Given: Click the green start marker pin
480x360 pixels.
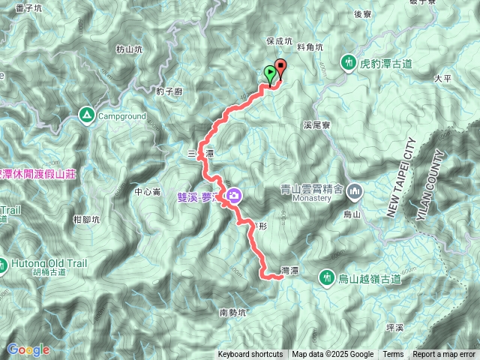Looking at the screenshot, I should pyautogui.click(x=270, y=73).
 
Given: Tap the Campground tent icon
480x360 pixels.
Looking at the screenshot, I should pyautogui.click(x=86, y=115).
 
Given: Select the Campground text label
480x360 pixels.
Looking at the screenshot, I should pyautogui.click(x=121, y=116).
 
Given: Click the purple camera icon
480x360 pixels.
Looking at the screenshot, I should pyautogui.click(x=234, y=196).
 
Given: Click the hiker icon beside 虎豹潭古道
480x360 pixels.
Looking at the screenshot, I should pyautogui.click(x=349, y=63).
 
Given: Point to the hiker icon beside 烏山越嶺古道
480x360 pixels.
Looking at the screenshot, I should pyautogui.click(x=326, y=277).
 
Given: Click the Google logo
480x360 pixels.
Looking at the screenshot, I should pyautogui.click(x=28, y=349).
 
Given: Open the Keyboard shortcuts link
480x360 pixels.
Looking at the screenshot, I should pyautogui.click(x=250, y=355).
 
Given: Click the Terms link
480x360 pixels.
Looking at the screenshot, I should pyautogui.click(x=393, y=355).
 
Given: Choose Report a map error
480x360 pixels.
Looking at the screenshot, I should pyautogui.click(x=445, y=355).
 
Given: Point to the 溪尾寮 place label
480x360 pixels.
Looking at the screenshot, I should pyautogui.click(x=317, y=126).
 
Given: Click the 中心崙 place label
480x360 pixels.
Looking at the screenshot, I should pyautogui.click(x=148, y=192).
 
